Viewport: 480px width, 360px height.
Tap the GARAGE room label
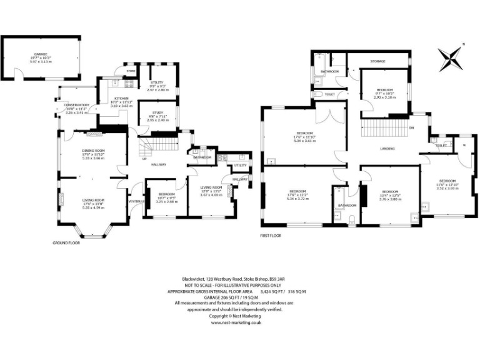click(41, 54)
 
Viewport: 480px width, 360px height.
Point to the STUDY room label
click(157, 113)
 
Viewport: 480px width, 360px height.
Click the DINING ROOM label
click(93, 151)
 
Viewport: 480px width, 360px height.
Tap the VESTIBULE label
click(136, 201)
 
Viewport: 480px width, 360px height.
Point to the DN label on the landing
click(411, 128)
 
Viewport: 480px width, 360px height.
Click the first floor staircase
click(381, 130)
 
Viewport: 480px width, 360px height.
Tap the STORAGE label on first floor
click(377, 61)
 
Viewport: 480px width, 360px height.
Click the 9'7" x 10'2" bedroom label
click(384, 89)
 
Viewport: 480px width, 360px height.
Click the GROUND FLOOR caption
click(66, 242)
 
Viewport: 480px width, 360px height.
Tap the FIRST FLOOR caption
click(271, 236)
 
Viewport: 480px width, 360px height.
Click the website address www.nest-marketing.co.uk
click(236, 322)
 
